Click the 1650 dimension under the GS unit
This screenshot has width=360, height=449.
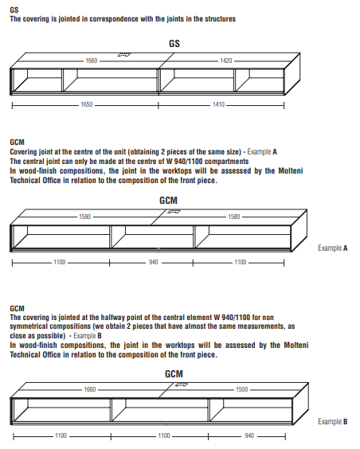click(87, 104)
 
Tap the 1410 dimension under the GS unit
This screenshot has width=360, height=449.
click(218, 104)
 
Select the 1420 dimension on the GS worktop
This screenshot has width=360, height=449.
click(226, 61)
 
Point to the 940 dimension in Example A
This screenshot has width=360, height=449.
click(154, 262)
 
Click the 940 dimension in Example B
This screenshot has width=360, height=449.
click(249, 435)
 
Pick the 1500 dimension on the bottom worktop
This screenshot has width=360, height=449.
click(241, 389)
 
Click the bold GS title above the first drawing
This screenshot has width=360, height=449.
click(174, 44)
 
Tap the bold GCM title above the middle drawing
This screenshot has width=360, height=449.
click(168, 200)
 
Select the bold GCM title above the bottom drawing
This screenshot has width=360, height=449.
click(174, 373)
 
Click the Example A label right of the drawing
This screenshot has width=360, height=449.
click(332, 248)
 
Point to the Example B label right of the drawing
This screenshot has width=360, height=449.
click(332, 421)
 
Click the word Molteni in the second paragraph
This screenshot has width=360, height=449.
click(291, 171)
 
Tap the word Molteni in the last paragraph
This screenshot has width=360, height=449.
click(296, 345)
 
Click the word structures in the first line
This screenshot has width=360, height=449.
click(220, 19)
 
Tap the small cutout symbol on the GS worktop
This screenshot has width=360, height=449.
click(124, 55)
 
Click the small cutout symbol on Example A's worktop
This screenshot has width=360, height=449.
click(174, 212)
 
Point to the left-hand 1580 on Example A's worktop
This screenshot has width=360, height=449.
click(84, 217)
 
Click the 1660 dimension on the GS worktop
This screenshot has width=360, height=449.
click(92, 61)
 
